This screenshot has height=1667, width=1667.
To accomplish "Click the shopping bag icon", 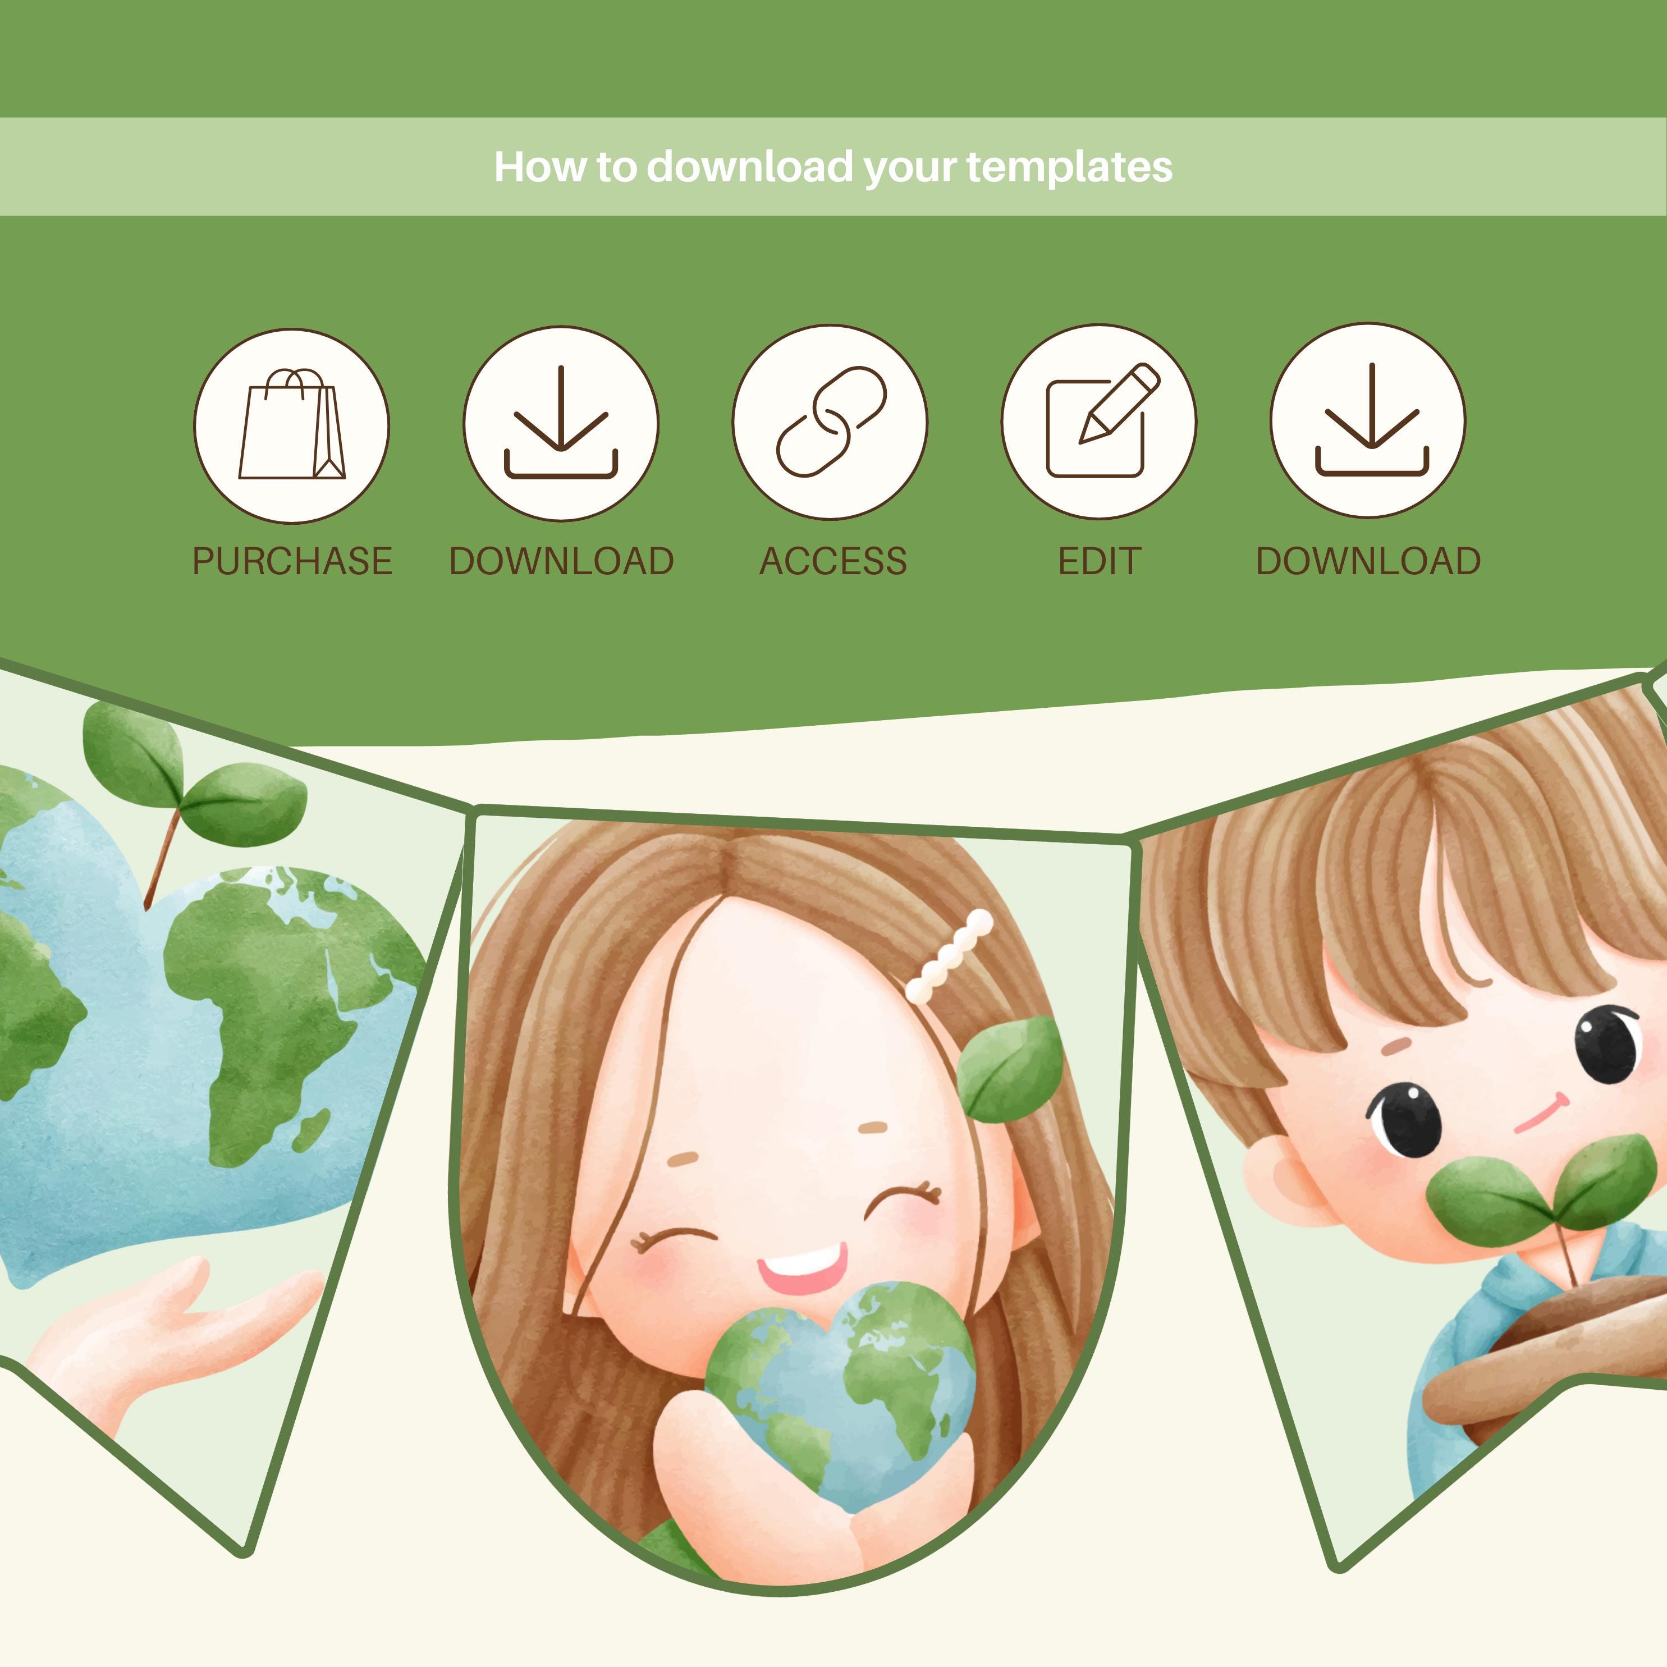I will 292,425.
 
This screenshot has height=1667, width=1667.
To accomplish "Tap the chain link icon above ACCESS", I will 830,422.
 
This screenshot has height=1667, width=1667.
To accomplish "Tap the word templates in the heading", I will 1069,167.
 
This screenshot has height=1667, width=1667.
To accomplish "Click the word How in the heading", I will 527,167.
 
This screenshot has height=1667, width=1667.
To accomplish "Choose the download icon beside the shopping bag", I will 561,422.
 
